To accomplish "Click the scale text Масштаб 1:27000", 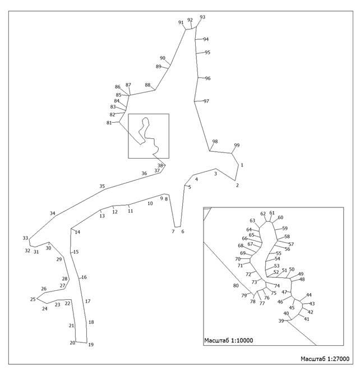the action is tap(325, 359).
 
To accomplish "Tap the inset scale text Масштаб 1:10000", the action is tap(228, 340).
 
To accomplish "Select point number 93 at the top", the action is tap(202, 17).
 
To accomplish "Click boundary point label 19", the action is tap(91, 345).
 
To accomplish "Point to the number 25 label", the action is tap(33, 299).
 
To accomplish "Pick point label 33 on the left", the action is tap(25, 238).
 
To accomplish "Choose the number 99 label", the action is tap(237, 145).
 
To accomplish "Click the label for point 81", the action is tap(109, 123).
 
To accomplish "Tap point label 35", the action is tap(102, 186).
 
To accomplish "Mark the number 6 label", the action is tap(183, 231).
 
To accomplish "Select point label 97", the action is tap(206, 101).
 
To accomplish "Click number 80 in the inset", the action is tap(236, 285).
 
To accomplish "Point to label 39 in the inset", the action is tap(281, 321).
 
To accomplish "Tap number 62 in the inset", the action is tap(263, 213).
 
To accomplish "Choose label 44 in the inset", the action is tap(309, 295).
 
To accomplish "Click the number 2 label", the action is tap(237, 185).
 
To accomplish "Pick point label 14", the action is tap(77, 232).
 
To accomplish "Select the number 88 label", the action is tap(147, 85).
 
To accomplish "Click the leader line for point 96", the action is tap(201, 78).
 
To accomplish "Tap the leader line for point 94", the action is tap(199, 39).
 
